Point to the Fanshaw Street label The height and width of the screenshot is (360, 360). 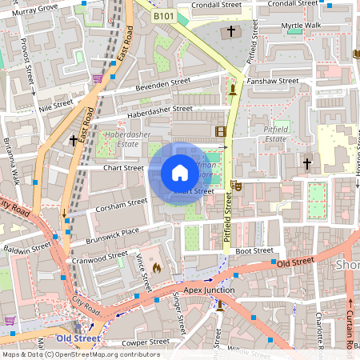pyautogui.click(x=273, y=81)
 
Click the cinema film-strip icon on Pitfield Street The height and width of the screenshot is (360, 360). pyautogui.click(x=220, y=131)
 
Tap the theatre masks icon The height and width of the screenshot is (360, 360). pyautogui.click(x=235, y=186)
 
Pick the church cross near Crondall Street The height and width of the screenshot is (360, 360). pyautogui.click(x=232, y=32)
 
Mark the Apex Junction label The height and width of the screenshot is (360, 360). pyautogui.click(x=210, y=290)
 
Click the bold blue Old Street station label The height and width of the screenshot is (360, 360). pyautogui.click(x=78, y=338)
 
